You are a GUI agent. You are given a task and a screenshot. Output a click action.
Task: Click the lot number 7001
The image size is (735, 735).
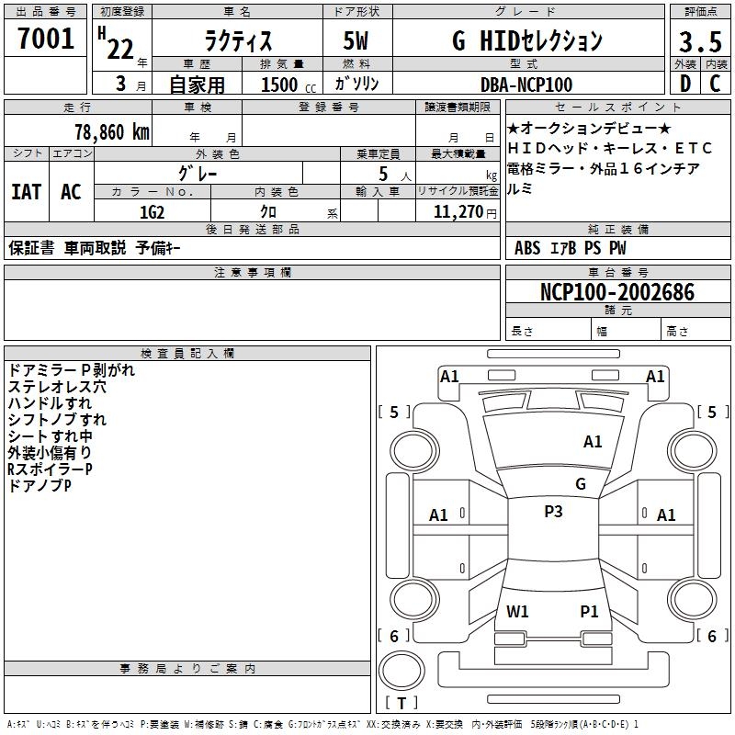[46, 39]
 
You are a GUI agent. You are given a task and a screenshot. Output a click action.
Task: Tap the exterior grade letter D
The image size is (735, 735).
[685, 84]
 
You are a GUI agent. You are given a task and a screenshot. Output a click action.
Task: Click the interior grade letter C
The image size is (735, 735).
[715, 84]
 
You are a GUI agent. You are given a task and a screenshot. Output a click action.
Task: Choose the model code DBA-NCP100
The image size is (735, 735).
[526, 85]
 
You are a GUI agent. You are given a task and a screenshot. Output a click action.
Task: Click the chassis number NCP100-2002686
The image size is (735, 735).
[617, 292]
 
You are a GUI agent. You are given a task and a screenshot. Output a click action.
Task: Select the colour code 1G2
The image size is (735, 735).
[152, 211]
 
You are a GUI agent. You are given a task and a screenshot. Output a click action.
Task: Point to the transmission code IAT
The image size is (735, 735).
[26, 192]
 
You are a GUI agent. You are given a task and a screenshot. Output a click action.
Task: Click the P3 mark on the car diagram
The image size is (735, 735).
[553, 512]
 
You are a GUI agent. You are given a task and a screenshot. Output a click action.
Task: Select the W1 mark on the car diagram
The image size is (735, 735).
[517, 611]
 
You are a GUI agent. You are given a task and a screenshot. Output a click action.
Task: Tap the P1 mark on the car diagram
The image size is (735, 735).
[589, 611]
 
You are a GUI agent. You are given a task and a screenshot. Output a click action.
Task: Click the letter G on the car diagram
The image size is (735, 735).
[581, 484]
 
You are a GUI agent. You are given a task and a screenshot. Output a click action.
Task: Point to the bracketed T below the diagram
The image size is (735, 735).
[401, 703]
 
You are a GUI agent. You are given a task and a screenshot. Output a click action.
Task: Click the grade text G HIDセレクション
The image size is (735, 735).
[526, 40]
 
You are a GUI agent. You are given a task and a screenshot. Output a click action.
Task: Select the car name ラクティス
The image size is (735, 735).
[236, 42]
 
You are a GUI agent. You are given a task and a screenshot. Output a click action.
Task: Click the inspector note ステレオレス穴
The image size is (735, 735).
[57, 387]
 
